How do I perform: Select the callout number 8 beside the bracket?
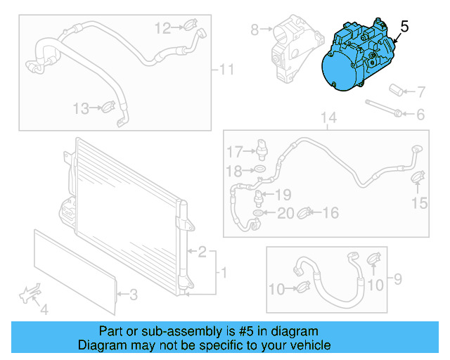coord(255,30)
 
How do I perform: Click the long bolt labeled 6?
coord(383,110)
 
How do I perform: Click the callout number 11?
coord(226,70)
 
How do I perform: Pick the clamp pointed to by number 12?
coord(191,27)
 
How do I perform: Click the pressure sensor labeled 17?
coord(263,146)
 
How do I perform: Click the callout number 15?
coord(419,204)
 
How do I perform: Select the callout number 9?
coord(397,280)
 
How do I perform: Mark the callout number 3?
coord(134,294)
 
